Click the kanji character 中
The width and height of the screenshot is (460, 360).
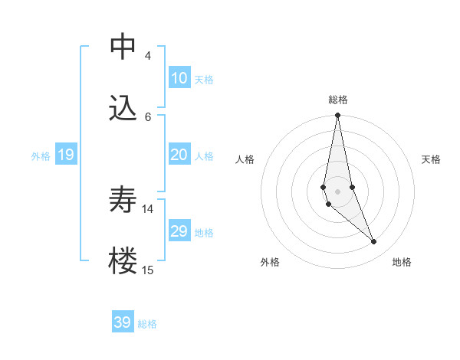(x=123, y=47)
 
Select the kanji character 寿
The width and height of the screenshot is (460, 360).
(x=123, y=200)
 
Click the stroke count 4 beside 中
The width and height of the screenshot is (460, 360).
(x=147, y=56)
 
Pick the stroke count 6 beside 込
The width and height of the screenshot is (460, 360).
(x=147, y=116)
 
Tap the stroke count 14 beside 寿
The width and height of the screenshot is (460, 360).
(x=148, y=208)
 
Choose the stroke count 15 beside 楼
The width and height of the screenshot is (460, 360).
(x=148, y=270)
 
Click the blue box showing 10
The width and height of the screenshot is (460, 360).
(x=179, y=78)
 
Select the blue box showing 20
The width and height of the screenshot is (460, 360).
(x=179, y=155)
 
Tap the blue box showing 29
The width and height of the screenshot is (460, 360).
(x=179, y=231)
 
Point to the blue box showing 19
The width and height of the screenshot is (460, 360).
(x=65, y=155)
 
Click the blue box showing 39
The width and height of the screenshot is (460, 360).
(x=123, y=322)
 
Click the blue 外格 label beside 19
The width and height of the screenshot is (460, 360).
(x=41, y=156)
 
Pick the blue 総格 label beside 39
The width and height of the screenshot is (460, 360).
(x=147, y=324)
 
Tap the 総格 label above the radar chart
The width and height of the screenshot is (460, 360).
(x=337, y=100)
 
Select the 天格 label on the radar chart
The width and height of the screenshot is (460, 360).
(x=432, y=159)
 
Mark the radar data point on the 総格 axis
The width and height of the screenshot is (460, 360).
(x=337, y=116)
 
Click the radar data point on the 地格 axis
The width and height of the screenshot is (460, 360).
(x=374, y=242)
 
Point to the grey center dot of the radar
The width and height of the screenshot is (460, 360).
(x=337, y=191)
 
